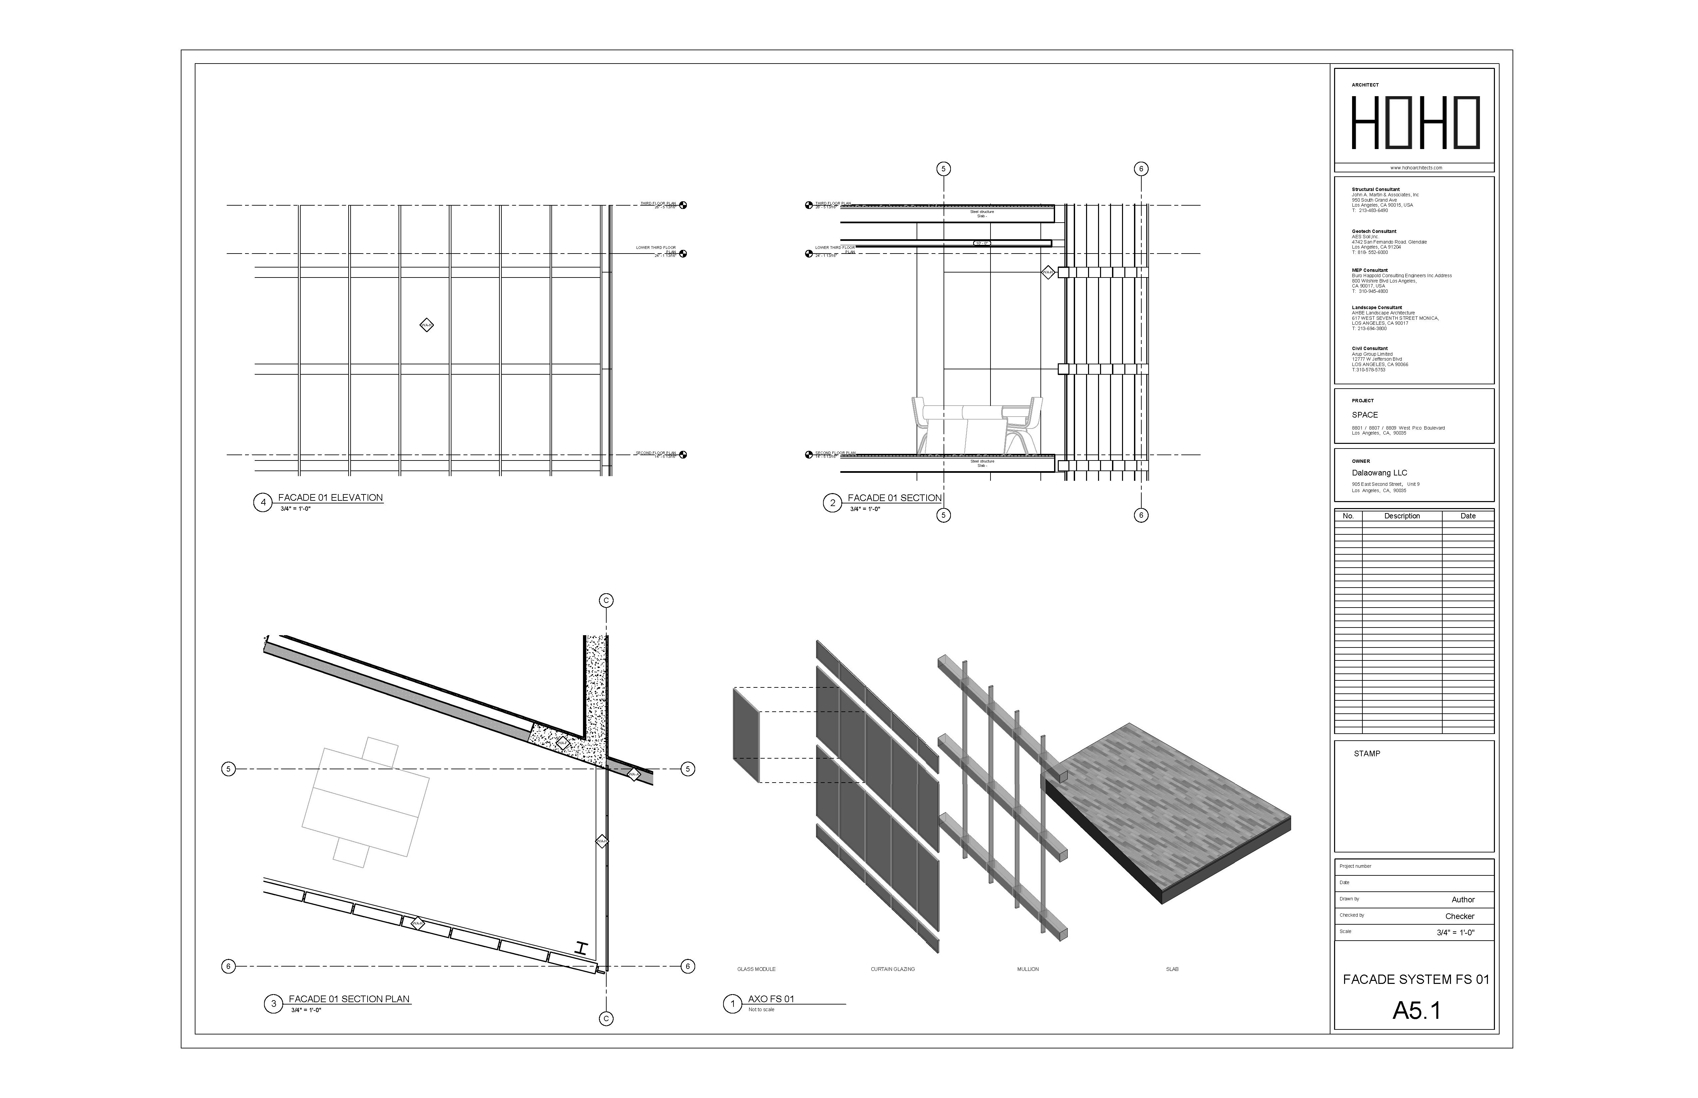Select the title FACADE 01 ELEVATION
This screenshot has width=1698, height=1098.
point(330,498)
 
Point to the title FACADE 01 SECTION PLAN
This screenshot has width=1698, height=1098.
point(349,999)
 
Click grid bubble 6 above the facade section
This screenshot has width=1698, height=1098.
point(1141,169)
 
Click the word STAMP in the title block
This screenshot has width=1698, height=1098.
point(1367,754)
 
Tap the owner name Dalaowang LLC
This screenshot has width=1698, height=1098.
point(1379,473)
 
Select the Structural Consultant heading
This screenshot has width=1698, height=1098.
point(1375,190)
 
